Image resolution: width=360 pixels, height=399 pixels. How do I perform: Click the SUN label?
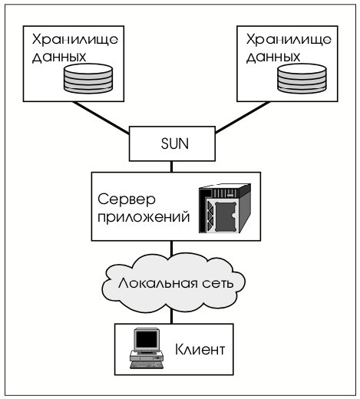click(175, 143)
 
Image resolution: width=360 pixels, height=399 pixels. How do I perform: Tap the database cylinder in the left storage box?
click(88, 78)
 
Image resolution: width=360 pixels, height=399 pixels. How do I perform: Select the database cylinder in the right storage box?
click(302, 78)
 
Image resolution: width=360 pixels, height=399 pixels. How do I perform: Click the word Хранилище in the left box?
click(75, 40)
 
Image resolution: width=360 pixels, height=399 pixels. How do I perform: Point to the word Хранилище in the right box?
click(289, 40)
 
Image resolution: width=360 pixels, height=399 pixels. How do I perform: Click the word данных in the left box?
click(59, 58)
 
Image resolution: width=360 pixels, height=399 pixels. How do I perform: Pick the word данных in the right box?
click(273, 58)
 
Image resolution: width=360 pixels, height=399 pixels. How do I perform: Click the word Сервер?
click(127, 199)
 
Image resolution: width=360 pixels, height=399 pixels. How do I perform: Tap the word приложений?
click(144, 218)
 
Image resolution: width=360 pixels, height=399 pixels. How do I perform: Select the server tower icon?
click(225, 208)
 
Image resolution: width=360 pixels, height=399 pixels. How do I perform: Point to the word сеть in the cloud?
click(218, 284)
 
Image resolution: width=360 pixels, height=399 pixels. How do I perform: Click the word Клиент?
click(200, 349)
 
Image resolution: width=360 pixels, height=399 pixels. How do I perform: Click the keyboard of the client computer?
click(147, 365)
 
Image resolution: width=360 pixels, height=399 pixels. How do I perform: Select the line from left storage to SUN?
click(101, 117)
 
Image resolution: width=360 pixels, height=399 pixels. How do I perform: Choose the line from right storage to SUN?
click(243, 117)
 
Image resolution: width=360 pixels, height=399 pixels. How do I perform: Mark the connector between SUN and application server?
click(171, 167)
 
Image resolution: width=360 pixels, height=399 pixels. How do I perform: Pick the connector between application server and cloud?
click(171, 248)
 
